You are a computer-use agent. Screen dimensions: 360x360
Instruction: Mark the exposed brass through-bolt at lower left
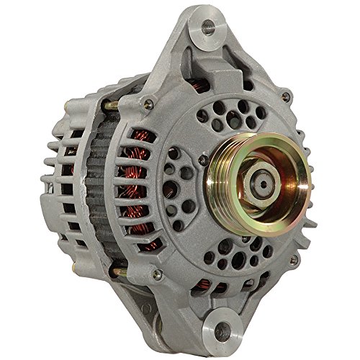115,271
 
